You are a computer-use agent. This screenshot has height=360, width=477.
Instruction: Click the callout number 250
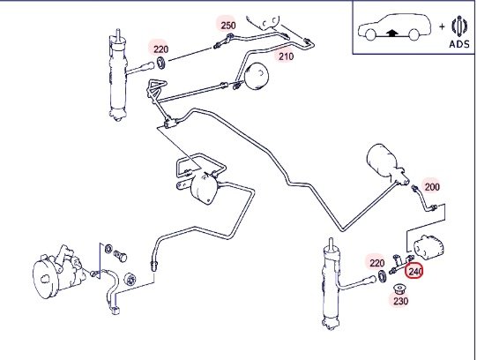[x=228, y=26]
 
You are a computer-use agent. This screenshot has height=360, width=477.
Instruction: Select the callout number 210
[x=287, y=56]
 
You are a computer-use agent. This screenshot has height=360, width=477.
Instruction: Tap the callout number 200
[x=432, y=186]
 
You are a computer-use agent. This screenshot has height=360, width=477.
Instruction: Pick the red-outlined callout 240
[x=414, y=271]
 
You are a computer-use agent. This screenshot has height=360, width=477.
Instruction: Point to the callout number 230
[x=400, y=301]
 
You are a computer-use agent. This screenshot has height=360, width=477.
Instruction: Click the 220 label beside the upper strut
[x=161, y=49]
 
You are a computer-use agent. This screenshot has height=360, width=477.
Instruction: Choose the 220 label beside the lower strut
[x=377, y=263]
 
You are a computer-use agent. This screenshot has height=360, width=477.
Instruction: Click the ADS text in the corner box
[x=459, y=44]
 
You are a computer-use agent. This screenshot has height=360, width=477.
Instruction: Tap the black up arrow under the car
[x=392, y=33]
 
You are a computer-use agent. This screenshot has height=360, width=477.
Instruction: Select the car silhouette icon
[x=395, y=26]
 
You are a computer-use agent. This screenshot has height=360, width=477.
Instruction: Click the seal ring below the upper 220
[x=161, y=63]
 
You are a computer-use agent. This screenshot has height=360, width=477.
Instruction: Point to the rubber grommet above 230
[x=399, y=289]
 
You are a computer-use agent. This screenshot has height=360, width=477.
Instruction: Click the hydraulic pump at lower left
[x=58, y=272]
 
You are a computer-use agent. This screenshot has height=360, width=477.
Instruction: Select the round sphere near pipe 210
[x=257, y=76]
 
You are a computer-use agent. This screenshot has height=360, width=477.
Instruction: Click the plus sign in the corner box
[x=442, y=26]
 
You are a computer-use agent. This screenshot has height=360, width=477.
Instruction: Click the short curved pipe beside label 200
[x=423, y=199]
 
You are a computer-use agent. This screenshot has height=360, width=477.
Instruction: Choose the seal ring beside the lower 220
[x=383, y=277]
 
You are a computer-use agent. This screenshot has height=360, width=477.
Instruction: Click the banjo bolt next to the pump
[x=121, y=256]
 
